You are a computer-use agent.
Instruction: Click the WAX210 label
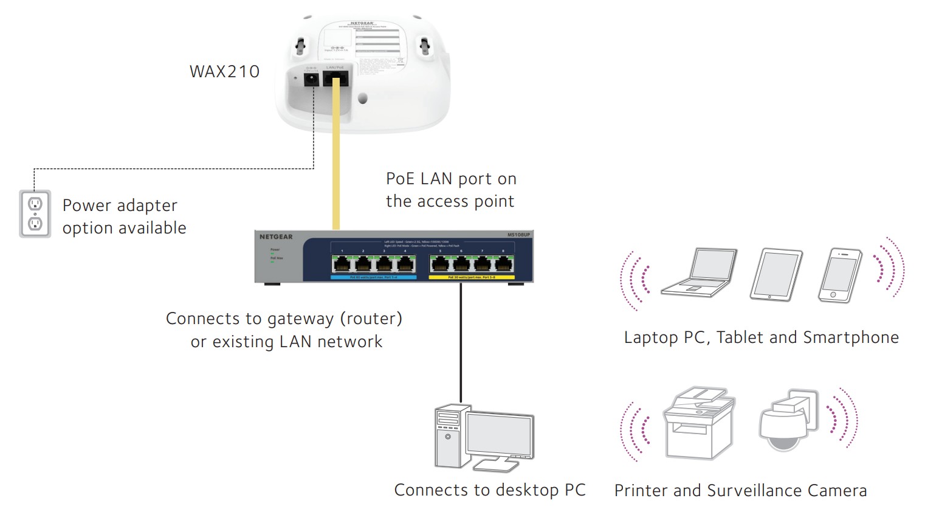pyautogui.click(x=224, y=72)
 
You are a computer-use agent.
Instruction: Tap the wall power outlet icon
pyautogui.click(x=35, y=214)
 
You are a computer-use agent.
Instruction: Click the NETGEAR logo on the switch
pyautogui.click(x=276, y=237)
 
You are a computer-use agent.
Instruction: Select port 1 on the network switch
pyautogui.click(x=342, y=264)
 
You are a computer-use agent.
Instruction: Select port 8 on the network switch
pyautogui.click(x=503, y=264)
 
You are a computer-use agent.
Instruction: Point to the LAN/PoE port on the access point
pyautogui.click(x=335, y=78)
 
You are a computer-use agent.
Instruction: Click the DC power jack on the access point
pyautogui.click(x=311, y=79)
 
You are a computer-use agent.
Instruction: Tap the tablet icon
pyautogui.click(x=776, y=275)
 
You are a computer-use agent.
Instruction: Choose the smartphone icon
pyautogui.click(x=840, y=275)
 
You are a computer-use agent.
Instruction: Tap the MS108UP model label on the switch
pyautogui.click(x=518, y=235)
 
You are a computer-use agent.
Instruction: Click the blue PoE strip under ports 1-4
pyautogui.click(x=373, y=277)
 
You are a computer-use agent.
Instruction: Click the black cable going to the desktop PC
pyautogui.click(x=461, y=341)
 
